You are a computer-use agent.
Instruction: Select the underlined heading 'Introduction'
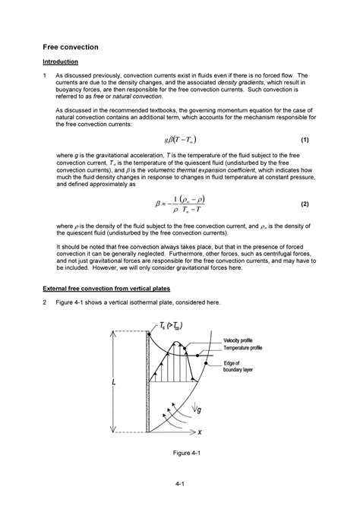[60, 62]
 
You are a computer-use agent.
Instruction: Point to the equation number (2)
[304, 204]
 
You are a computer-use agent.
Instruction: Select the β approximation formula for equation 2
[181, 204]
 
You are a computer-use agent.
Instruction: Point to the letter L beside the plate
[114, 384]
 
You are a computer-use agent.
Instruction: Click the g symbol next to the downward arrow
[199, 411]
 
